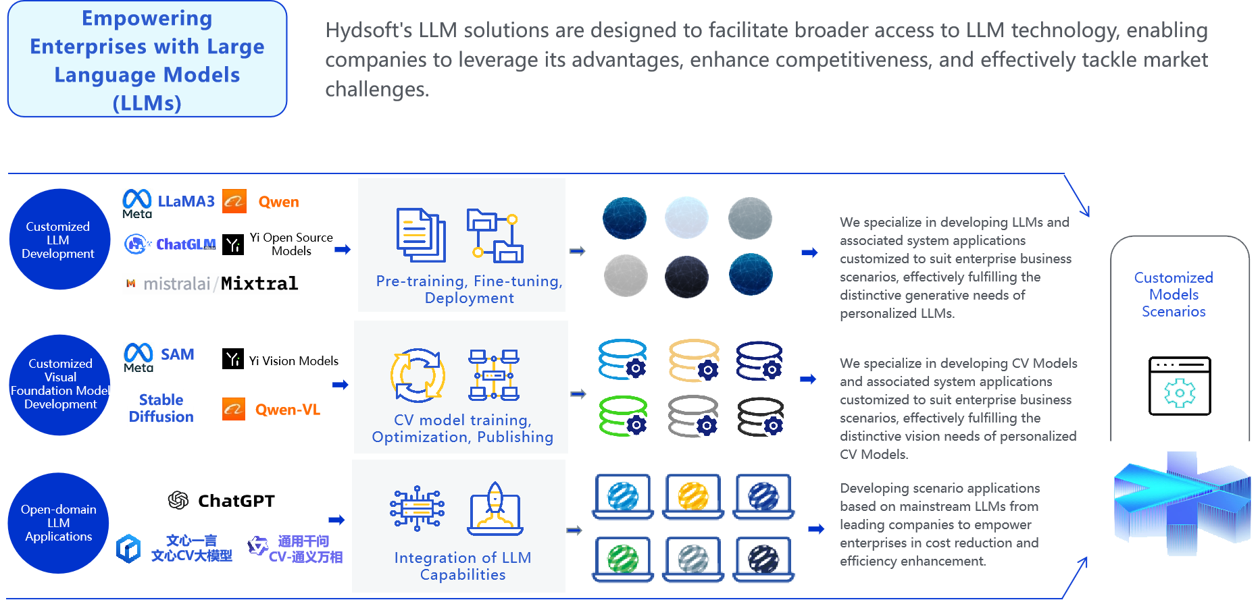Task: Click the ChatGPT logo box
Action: (221, 500)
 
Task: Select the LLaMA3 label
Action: (186, 201)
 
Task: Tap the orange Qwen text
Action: (278, 202)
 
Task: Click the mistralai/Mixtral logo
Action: (211, 283)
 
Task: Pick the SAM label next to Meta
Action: (177, 354)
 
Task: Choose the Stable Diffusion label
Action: (161, 408)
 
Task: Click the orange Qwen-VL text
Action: (287, 410)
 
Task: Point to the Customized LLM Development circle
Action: (59, 240)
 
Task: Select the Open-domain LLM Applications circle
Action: (59, 523)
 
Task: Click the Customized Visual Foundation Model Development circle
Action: (60, 384)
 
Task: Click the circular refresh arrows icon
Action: (418, 375)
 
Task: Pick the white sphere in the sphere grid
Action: (686, 218)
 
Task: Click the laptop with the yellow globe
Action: (693, 497)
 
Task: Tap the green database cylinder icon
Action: (623, 416)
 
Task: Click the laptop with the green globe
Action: (623, 559)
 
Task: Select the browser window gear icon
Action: (1180, 386)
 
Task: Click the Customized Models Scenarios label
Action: (1174, 294)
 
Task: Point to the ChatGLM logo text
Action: (185, 244)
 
